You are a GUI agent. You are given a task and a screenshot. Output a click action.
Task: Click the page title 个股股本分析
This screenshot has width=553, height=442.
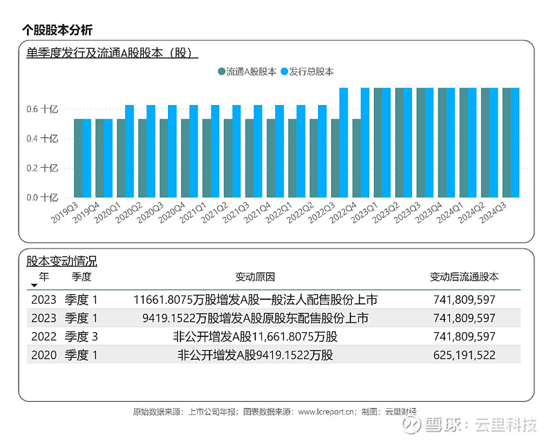coord(57,30)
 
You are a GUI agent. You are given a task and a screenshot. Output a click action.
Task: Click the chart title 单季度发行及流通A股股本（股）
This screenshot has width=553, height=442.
coord(109,53)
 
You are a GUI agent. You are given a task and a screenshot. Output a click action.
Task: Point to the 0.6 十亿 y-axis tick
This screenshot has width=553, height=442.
coord(53,109)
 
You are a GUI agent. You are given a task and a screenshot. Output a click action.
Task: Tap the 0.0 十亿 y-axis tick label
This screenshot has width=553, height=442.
coord(53,198)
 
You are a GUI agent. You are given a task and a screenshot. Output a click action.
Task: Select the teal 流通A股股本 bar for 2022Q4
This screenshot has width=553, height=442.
coord(357,158)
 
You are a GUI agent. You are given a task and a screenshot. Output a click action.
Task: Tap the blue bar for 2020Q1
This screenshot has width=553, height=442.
coord(129,151)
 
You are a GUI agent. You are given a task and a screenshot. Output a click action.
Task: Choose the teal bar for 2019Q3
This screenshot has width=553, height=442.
coord(78,158)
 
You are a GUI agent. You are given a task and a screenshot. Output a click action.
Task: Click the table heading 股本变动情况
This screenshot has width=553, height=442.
coord(62,262)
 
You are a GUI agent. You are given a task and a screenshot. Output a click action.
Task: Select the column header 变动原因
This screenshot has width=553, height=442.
coord(255,277)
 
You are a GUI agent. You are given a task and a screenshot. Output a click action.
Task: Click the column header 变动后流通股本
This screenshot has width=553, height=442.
coord(464,277)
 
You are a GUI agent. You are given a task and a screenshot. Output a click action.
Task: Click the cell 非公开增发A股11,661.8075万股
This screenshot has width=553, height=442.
coord(255,337)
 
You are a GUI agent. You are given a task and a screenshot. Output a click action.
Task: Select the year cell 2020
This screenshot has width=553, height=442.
coord(43,356)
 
